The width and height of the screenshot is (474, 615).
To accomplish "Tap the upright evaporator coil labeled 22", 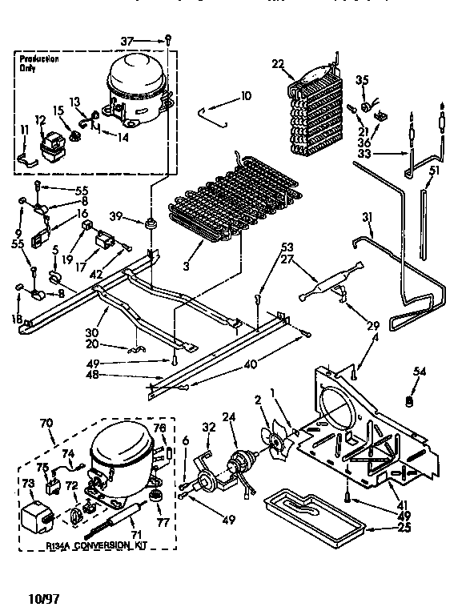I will pyautogui.click(x=316, y=112).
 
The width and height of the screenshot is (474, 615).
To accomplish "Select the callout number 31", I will pyautogui.click(x=368, y=216).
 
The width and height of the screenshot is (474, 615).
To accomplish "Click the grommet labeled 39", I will pyautogui.click(x=150, y=221).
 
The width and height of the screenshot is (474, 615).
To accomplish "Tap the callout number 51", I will pyautogui.click(x=434, y=170).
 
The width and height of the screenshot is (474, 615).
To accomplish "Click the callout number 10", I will pyautogui.click(x=246, y=96).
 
